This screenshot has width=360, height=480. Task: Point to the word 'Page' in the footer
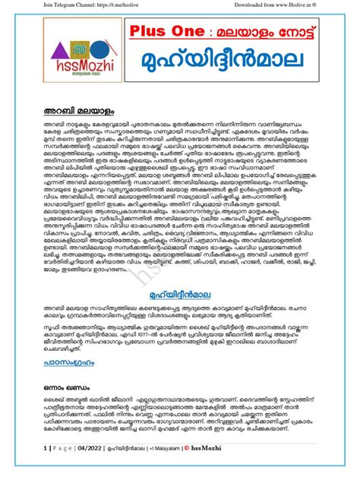pos(56,468)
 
